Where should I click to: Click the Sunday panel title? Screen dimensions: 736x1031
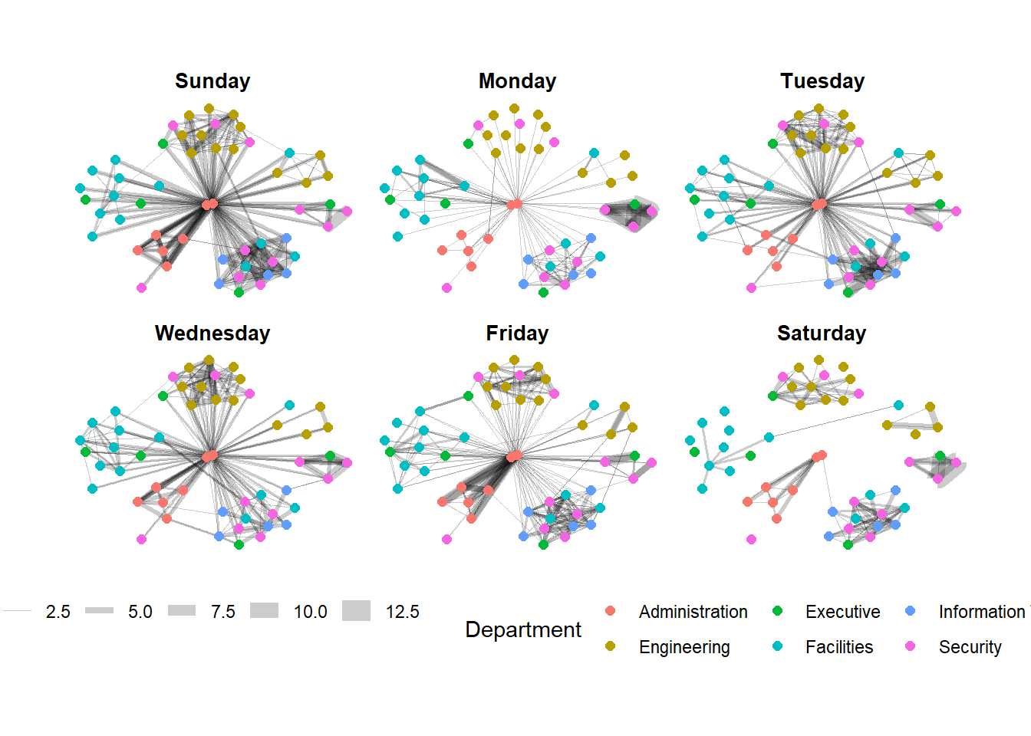[x=212, y=81]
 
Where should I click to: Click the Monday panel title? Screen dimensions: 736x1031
[x=517, y=81]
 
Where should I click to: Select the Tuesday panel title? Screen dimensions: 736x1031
[x=822, y=81]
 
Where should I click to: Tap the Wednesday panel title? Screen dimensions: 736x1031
[x=212, y=333]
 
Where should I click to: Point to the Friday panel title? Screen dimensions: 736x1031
[x=517, y=333]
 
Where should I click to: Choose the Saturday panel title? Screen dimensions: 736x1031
[x=822, y=333]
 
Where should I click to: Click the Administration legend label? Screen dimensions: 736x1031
[x=693, y=612]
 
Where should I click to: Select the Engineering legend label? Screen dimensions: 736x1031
[x=684, y=647]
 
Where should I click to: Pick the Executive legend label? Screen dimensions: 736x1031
[x=842, y=612]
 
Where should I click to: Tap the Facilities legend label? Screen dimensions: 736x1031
[x=838, y=647]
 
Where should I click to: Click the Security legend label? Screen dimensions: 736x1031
[x=970, y=647]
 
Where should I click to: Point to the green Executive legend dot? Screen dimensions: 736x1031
[x=777, y=611]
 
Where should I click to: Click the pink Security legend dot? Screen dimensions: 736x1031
[x=911, y=646]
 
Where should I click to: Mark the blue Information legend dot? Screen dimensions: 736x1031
[x=911, y=611]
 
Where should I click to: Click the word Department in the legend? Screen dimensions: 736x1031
[x=523, y=629]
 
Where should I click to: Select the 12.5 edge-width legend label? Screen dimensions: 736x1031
[x=402, y=612]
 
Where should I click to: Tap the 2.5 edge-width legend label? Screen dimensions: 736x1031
[x=58, y=612]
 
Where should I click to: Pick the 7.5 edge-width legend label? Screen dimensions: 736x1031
[x=222, y=612]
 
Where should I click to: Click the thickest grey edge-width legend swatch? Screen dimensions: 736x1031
[x=356, y=611]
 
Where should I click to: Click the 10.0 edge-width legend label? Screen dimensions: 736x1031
[x=310, y=612]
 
